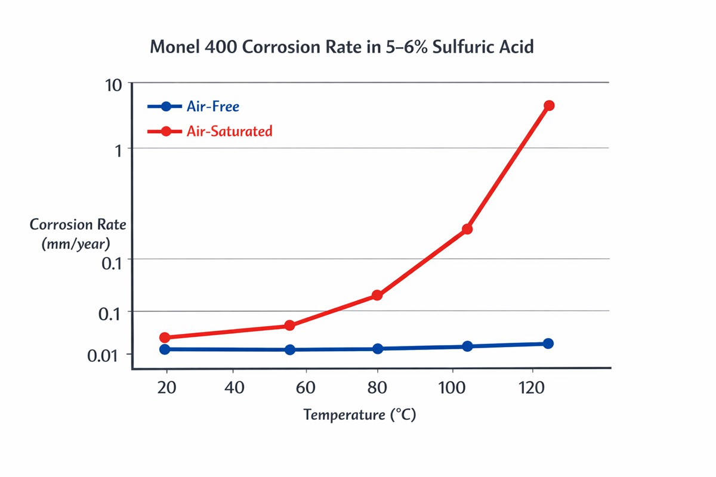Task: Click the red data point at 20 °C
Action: coord(166,337)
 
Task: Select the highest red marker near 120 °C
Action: coord(549,106)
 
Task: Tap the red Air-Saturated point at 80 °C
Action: coord(377,295)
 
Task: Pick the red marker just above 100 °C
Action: coord(467,229)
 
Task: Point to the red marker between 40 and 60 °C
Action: coord(289,325)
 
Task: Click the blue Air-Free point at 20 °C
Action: coord(165,349)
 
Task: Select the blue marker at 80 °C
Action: coord(377,348)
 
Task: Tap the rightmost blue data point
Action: coord(548,343)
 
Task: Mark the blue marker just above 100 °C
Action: coord(467,346)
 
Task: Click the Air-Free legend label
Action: coord(212,107)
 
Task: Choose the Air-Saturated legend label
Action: coord(229,131)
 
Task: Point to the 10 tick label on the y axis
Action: coord(114,85)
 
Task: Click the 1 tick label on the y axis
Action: coord(118,150)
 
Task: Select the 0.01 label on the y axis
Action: coord(105,356)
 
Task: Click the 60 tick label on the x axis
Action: coord(305,388)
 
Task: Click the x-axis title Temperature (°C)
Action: coord(359,415)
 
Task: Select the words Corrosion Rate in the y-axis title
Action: coord(78,225)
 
